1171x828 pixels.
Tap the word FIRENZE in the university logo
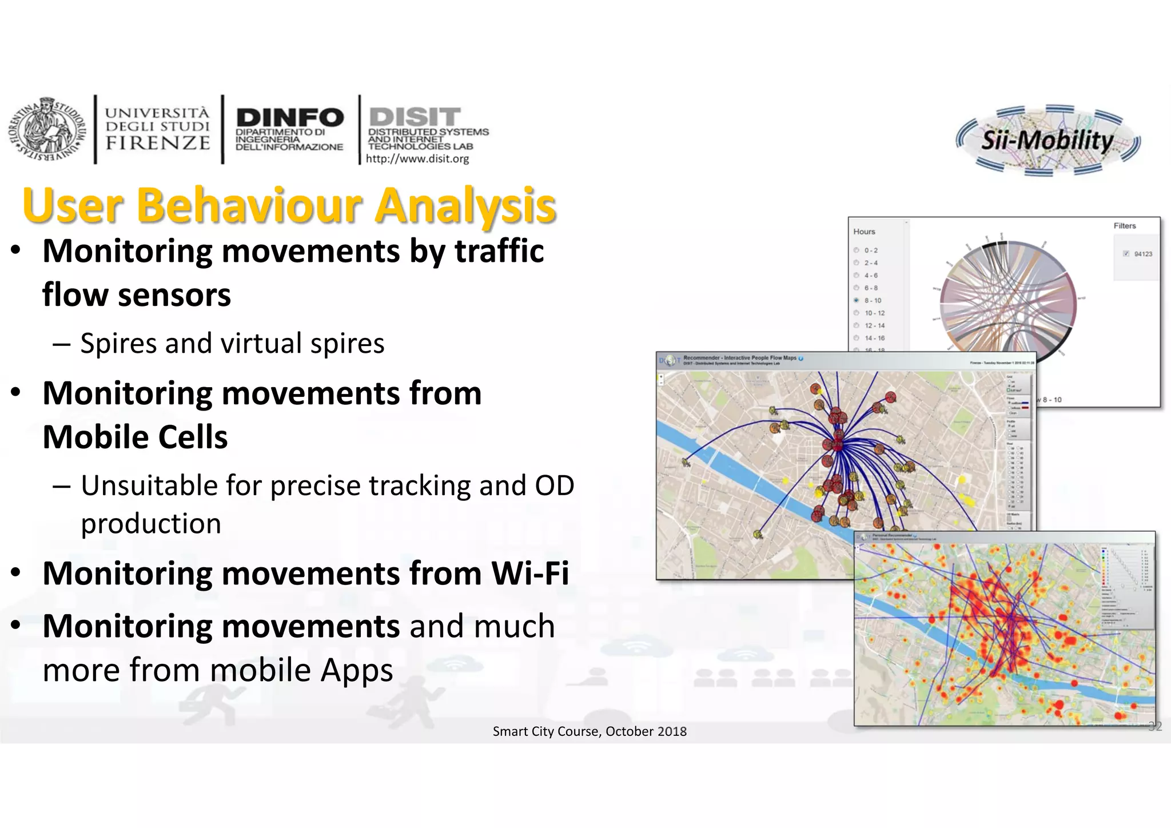158,143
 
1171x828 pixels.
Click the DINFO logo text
289,118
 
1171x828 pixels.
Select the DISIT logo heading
415,117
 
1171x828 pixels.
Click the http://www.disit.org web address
417,159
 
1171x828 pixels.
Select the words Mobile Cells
135,437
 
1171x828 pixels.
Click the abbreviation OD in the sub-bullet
554,486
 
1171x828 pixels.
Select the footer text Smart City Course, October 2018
590,731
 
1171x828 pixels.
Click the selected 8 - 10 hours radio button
857,300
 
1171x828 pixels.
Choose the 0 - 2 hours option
857,250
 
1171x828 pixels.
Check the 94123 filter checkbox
1126,254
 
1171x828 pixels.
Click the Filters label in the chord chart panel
1124,226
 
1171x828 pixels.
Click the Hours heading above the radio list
864,232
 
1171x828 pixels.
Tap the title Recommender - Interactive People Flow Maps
739,358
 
